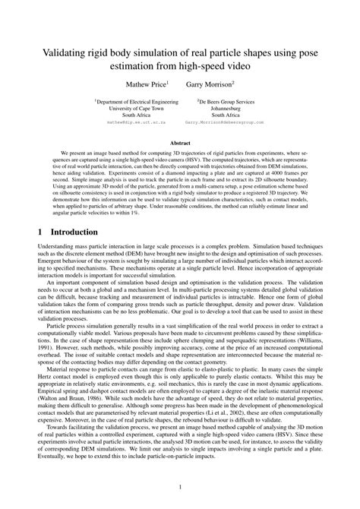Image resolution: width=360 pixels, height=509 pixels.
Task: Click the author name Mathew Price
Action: click(x=146, y=83)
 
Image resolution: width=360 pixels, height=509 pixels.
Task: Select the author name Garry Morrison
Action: click(x=208, y=83)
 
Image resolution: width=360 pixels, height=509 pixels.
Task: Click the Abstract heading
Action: click(x=179, y=142)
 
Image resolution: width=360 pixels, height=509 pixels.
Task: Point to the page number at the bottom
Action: click(x=180, y=487)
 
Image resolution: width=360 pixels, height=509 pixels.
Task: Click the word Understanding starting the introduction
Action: click(x=55, y=248)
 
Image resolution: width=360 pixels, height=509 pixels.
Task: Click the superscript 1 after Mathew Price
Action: click(x=167, y=80)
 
